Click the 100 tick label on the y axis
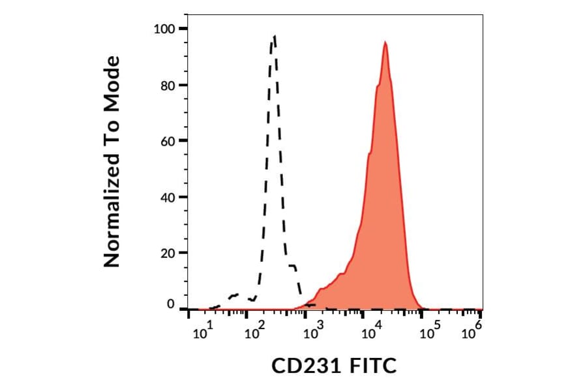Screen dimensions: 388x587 click(164, 29)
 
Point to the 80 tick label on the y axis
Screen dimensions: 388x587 click(168, 85)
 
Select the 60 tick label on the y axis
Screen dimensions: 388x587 click(168, 141)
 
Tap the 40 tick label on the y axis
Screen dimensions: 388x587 click(168, 197)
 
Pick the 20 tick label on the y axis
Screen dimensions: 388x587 click(168, 253)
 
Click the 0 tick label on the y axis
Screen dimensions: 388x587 click(171, 304)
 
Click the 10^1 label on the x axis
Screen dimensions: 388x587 click(202, 334)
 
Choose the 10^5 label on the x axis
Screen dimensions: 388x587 click(428, 334)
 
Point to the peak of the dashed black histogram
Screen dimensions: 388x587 click(275, 37)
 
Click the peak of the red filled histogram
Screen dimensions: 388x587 click(385, 42)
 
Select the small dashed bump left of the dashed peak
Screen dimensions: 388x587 click(235, 295)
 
